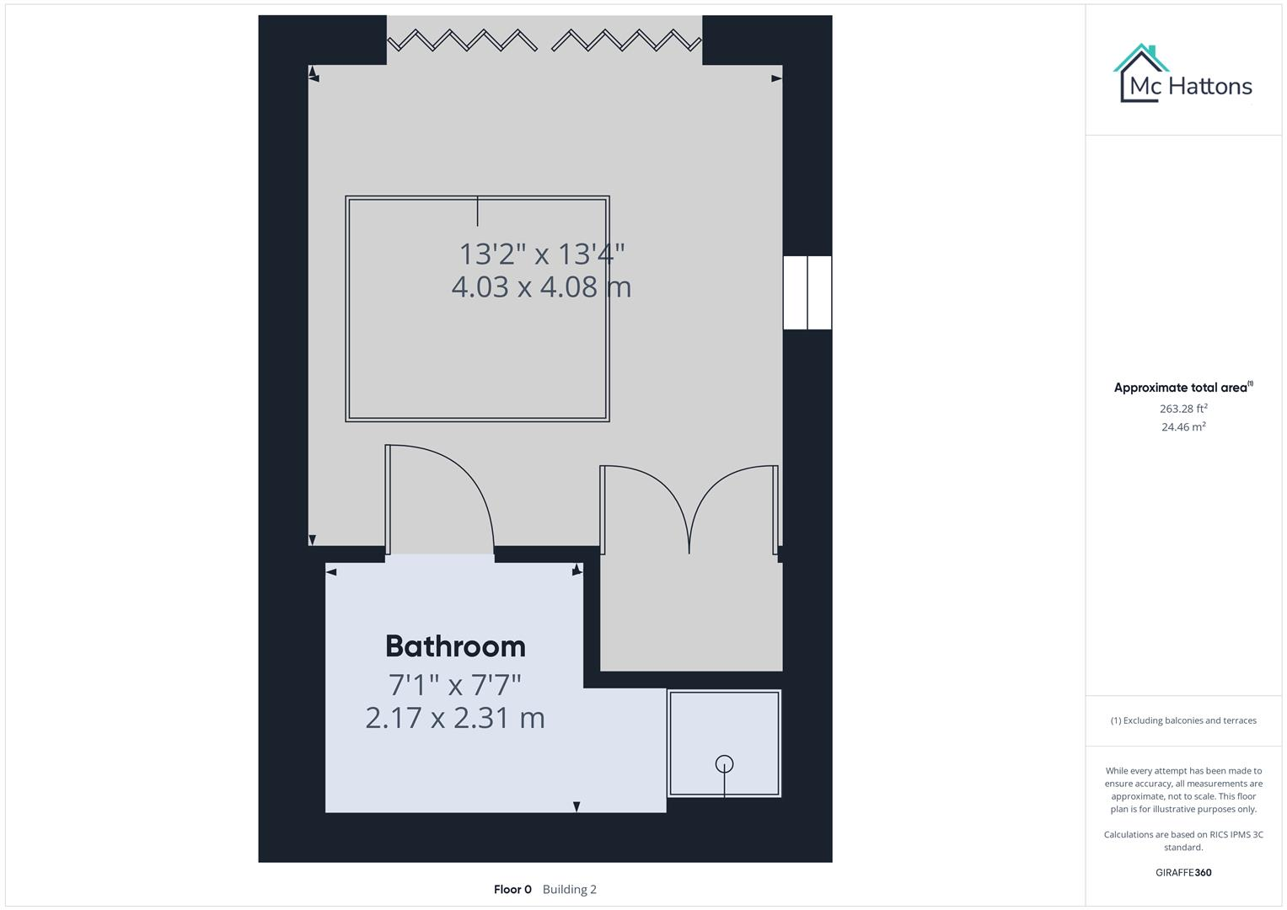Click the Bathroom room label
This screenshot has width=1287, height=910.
455,646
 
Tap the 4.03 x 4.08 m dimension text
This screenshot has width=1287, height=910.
541,287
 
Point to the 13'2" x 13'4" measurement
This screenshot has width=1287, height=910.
541,254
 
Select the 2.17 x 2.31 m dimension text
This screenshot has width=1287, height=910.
455,718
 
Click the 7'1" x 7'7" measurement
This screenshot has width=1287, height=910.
455,684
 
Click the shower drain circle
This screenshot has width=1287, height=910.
724,764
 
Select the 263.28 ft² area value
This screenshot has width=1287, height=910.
1182,409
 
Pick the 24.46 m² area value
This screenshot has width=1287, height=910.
1182,427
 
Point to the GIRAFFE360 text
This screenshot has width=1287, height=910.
1182,872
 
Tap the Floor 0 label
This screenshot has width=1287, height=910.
512,889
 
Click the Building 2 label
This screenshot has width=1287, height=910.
570,889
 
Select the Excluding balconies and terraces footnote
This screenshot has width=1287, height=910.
1182,720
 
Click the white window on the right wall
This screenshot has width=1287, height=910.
807,292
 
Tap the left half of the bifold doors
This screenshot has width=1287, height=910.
461,40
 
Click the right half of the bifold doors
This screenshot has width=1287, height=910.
625,40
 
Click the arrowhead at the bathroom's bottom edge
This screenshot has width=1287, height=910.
576,806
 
